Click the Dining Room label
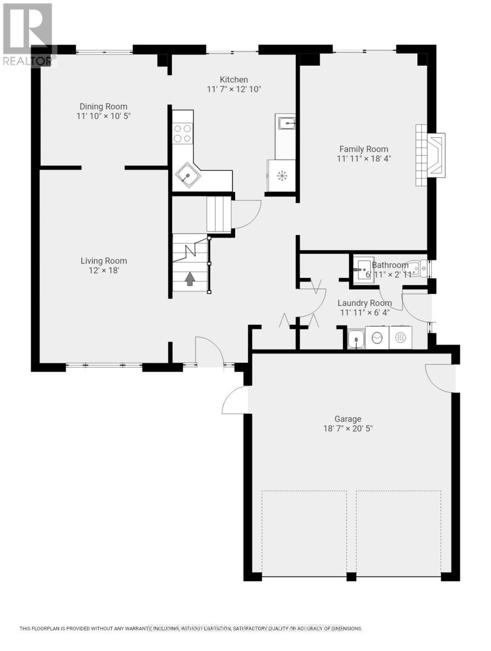click(x=104, y=106)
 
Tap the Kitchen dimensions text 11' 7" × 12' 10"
click(x=234, y=89)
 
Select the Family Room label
click(x=364, y=149)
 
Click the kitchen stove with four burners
click(x=183, y=133)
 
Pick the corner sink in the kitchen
click(x=187, y=175)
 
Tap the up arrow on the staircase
click(x=190, y=278)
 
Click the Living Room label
click(x=104, y=260)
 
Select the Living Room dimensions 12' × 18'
click(x=104, y=270)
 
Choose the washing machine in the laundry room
click(x=377, y=338)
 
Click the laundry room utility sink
click(x=356, y=340)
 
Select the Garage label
click(x=347, y=419)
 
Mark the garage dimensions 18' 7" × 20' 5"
click(x=347, y=429)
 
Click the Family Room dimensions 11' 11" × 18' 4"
click(x=364, y=159)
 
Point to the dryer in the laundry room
click(x=400, y=338)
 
